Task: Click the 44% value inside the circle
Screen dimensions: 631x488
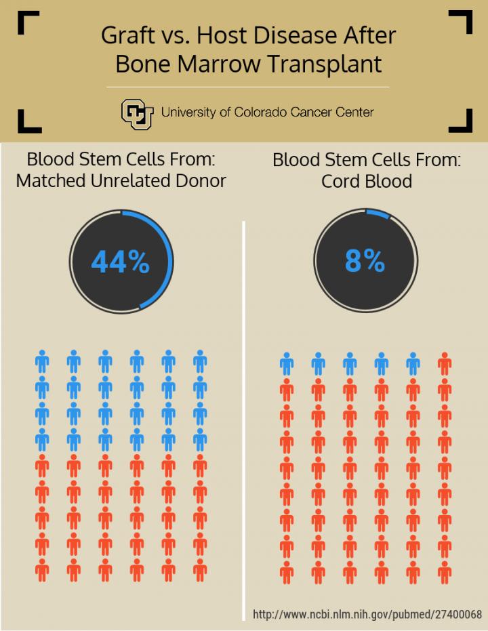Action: [x=120, y=262]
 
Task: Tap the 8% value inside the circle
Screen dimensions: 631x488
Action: [x=365, y=260]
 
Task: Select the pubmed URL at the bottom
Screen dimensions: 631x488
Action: [x=367, y=615]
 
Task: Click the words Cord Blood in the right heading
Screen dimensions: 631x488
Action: [x=367, y=181]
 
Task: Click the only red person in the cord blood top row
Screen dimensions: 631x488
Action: [x=445, y=364]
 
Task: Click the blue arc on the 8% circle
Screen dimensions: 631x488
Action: [x=378, y=213]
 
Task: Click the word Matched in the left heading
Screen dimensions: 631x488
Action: [x=48, y=181]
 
